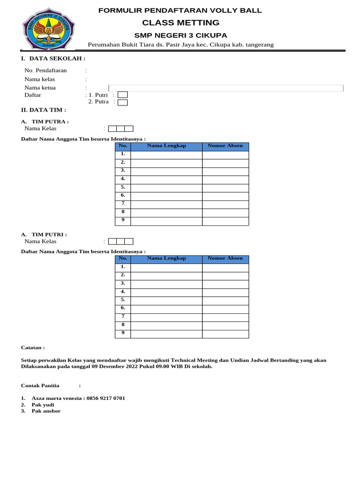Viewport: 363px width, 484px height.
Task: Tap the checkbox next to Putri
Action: click(x=122, y=95)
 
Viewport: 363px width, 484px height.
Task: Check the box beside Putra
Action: click(x=122, y=102)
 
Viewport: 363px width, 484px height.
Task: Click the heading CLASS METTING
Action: click(x=181, y=23)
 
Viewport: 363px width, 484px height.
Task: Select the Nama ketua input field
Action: click(x=226, y=88)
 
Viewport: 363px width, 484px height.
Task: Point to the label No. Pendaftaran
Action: click(x=45, y=70)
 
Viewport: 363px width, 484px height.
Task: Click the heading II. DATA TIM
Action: click(x=40, y=110)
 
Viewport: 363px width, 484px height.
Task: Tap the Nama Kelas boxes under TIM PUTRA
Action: click(x=121, y=129)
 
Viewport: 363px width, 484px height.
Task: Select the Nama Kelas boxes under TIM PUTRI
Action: click(x=121, y=242)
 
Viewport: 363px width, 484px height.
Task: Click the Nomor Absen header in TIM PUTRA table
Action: click(x=225, y=146)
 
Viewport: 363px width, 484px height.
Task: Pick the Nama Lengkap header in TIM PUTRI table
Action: click(x=166, y=259)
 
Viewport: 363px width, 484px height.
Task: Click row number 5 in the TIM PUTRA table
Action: click(x=123, y=187)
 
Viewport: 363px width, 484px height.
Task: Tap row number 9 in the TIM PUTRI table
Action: click(x=123, y=333)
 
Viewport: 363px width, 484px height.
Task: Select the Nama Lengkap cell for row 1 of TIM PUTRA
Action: click(x=166, y=155)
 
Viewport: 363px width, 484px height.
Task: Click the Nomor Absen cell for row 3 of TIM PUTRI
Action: click(x=225, y=284)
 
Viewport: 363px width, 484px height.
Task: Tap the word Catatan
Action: click(x=33, y=347)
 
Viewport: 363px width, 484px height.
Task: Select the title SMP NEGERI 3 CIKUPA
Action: click(x=181, y=35)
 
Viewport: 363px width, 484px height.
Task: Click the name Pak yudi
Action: click(x=43, y=405)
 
